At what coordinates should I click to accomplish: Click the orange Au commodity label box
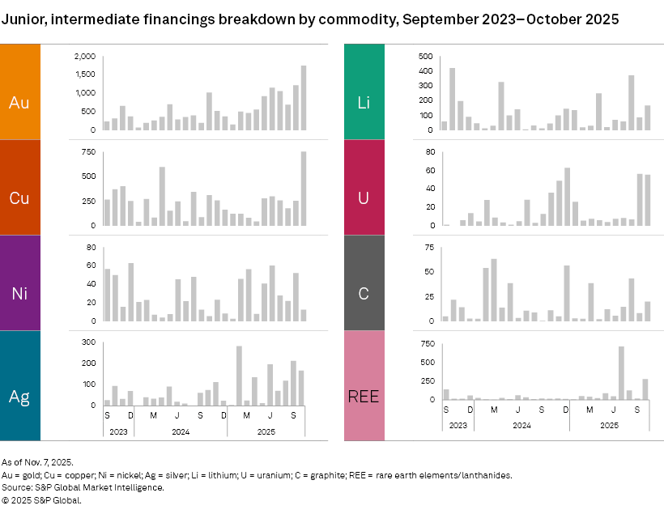tap(19, 91)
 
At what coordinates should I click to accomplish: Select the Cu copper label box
tap(19, 187)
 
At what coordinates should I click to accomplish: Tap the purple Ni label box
tap(19, 282)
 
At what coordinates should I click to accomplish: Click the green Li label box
tap(364, 91)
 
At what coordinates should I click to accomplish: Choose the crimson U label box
tap(364, 187)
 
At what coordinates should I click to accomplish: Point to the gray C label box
tap(364, 282)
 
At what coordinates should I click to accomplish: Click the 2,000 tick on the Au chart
tap(85, 57)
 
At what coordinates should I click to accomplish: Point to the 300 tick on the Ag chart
tap(90, 343)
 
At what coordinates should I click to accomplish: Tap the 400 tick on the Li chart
tap(426, 71)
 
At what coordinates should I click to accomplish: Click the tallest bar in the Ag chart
tap(239, 375)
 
